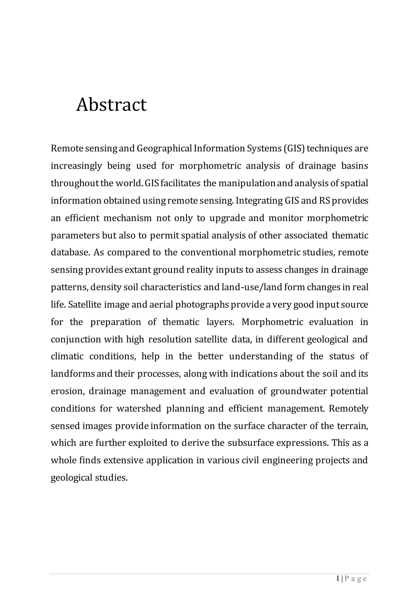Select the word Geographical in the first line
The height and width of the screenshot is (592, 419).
(x=164, y=149)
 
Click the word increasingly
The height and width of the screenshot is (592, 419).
(x=76, y=166)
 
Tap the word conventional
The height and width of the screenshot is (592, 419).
(x=208, y=252)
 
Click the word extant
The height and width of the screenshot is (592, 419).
(x=138, y=270)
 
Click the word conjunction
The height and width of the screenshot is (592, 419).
(x=76, y=339)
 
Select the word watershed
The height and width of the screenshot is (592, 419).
(x=139, y=408)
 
